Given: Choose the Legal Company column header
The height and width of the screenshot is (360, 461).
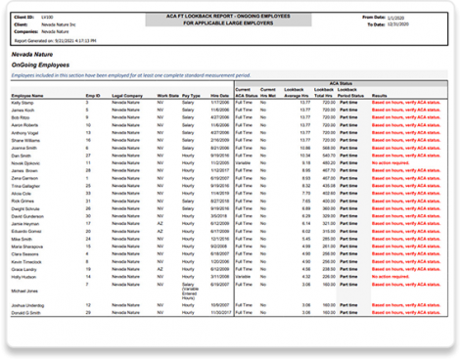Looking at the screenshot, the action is [126, 93].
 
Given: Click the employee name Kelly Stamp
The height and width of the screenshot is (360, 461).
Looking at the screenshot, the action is [25, 101].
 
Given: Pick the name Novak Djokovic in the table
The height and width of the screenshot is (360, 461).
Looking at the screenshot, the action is [30, 162].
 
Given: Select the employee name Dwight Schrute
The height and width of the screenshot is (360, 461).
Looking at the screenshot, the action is [30, 207].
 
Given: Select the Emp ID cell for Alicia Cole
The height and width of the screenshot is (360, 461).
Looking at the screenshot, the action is [89, 193].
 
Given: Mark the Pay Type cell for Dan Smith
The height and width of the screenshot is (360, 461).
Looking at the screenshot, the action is [188, 155].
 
